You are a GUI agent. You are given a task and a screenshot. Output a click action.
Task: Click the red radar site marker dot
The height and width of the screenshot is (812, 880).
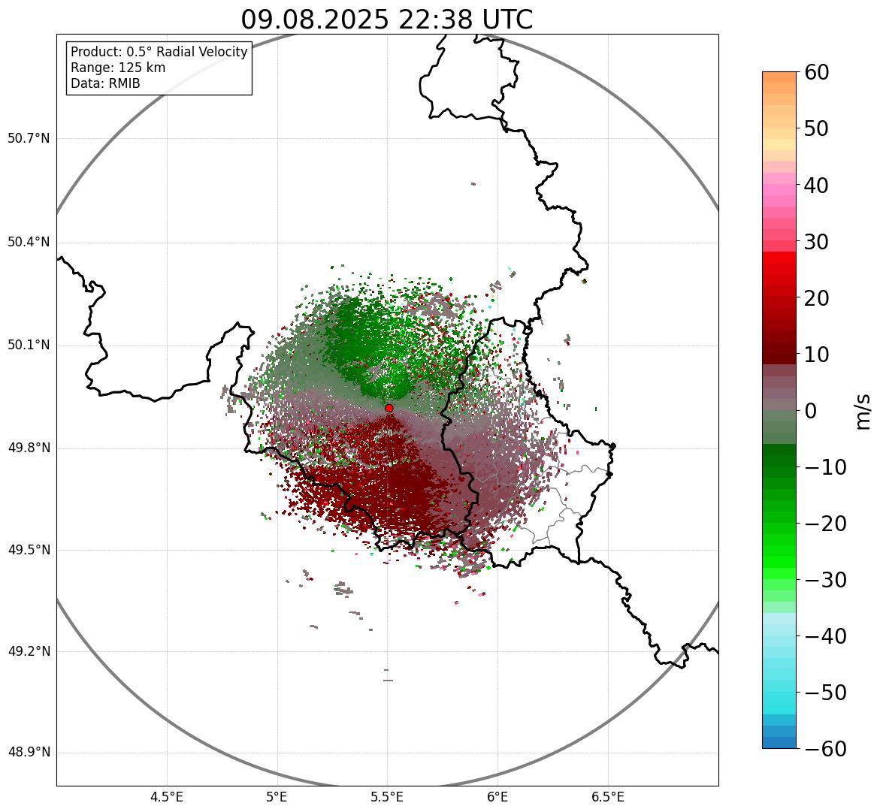(389, 408)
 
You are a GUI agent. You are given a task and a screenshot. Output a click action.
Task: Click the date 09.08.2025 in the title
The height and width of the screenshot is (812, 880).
(315, 20)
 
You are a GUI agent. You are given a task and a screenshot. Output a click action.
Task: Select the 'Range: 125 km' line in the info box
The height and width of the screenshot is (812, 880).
(118, 68)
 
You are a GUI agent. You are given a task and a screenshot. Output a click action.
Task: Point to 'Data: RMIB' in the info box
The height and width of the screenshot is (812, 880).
(105, 83)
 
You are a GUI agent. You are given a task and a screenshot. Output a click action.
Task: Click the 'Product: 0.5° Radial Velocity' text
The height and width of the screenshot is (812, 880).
(159, 52)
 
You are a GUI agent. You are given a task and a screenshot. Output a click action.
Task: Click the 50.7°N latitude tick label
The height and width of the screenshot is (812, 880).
(29, 139)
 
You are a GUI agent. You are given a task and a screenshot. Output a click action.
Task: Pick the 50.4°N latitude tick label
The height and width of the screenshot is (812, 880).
(29, 243)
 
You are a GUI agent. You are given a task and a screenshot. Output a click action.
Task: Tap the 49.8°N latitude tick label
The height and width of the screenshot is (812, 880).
(29, 448)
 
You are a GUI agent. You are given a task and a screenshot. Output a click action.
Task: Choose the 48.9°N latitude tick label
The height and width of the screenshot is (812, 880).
(29, 753)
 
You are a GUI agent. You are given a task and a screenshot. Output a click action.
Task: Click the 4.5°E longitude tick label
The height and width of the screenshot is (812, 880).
(167, 797)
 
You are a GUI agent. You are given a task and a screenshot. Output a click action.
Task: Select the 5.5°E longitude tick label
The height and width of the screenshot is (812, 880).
(387, 797)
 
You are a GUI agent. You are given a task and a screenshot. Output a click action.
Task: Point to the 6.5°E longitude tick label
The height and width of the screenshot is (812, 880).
(608, 797)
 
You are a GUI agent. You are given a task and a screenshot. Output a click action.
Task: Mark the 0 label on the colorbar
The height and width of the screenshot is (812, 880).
(810, 411)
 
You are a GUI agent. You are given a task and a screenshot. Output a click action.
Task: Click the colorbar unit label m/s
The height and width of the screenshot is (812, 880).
(863, 411)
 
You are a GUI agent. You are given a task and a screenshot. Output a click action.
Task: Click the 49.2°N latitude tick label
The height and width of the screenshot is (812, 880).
(29, 651)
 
